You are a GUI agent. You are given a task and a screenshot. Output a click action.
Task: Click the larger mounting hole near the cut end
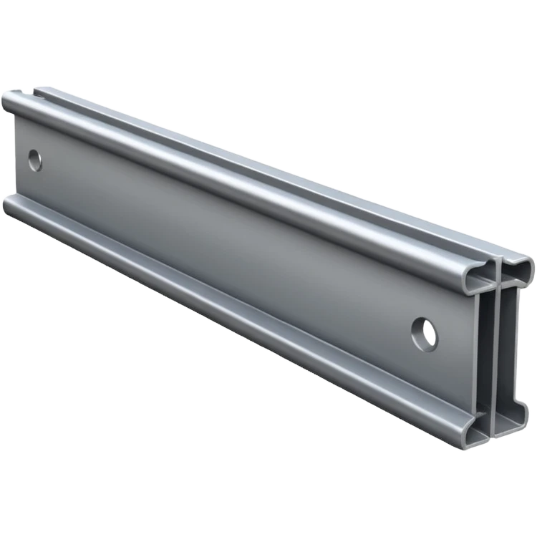(425, 334)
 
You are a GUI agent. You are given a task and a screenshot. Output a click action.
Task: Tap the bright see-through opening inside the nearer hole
(430, 333)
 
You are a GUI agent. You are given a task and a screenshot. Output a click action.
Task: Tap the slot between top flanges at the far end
(29, 91)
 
